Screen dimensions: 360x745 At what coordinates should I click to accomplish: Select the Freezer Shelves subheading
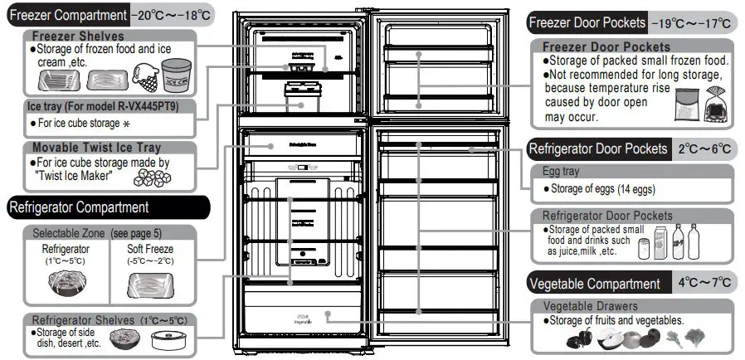coord(78,36)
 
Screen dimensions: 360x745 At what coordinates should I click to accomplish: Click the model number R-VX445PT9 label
coord(142,106)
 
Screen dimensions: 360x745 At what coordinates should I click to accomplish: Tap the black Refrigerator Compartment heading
coord(79,207)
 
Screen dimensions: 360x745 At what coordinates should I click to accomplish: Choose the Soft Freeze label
coord(149,249)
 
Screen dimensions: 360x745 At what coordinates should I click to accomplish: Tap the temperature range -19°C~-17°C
coord(692,23)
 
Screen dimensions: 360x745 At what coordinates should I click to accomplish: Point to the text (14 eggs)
coord(636,189)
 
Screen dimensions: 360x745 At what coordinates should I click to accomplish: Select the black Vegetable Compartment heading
coord(595,284)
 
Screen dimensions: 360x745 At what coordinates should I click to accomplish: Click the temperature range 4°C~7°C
coord(704,283)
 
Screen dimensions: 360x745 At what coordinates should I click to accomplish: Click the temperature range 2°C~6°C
coord(704,149)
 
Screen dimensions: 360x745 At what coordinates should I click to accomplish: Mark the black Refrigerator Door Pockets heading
coord(598,149)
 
